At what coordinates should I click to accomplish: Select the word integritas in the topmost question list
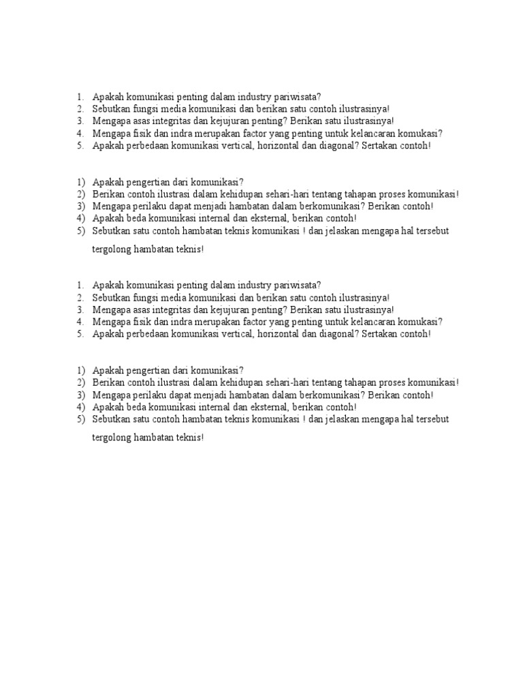168,121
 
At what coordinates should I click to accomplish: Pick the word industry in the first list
252,96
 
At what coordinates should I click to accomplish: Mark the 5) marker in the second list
80,230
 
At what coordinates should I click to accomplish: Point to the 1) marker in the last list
80,370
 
